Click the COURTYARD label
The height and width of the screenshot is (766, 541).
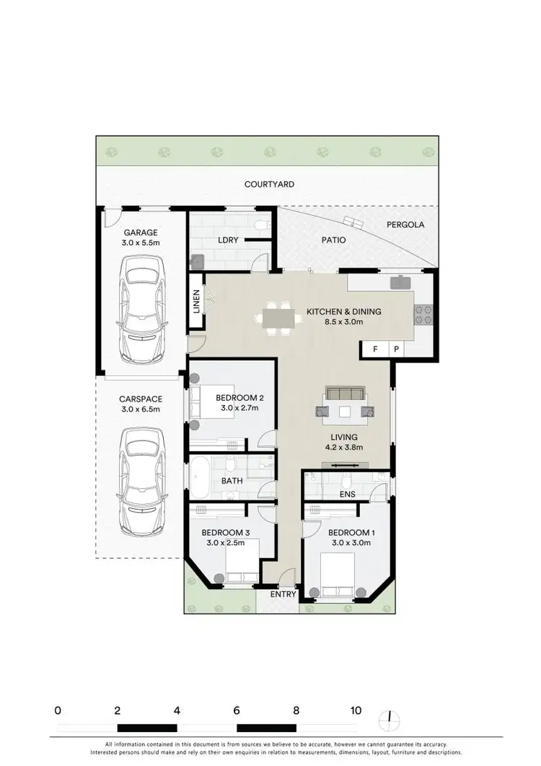(x=269, y=185)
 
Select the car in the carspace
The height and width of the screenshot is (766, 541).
(x=141, y=481)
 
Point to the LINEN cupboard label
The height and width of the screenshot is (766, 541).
(x=196, y=301)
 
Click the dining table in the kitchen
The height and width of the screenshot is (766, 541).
(x=278, y=318)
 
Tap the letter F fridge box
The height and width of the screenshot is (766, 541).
(x=374, y=349)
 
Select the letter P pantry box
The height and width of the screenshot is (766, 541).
(x=396, y=349)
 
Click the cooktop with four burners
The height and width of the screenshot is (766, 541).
(x=422, y=315)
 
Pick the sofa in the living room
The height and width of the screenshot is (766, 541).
(x=346, y=393)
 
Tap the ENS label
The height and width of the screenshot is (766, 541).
(x=347, y=495)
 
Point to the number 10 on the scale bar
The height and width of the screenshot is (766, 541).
(x=356, y=710)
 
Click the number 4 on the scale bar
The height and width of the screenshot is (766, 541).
(x=177, y=710)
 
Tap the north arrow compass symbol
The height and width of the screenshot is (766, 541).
(x=390, y=718)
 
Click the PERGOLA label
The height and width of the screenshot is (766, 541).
(x=405, y=225)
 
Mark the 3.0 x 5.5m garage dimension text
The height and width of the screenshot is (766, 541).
(x=141, y=243)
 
